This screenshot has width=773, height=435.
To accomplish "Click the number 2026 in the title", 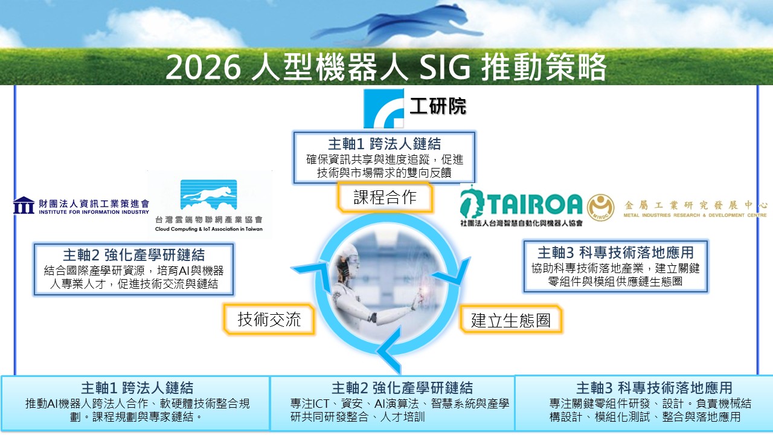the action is (203, 67).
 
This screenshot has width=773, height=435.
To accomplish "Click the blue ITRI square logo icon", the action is (383, 108).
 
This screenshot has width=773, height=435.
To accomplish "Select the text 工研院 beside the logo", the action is (438, 106).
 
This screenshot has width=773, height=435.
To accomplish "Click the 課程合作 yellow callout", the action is (385, 197).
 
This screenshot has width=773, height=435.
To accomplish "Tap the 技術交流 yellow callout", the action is (269, 319).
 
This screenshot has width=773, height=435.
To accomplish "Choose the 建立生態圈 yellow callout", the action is (510, 320).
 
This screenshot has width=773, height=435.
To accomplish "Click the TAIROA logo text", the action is (534, 204).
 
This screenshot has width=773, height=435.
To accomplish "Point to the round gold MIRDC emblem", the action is (600, 207).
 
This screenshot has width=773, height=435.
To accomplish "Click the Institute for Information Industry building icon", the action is (24, 205).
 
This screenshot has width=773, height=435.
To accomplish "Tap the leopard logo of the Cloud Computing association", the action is (209, 195).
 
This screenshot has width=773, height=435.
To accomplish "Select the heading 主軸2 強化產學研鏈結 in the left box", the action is (134, 255).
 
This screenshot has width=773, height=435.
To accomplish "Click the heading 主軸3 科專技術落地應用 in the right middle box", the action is (615, 253).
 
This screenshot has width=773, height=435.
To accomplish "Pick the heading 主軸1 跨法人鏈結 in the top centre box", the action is (385, 144).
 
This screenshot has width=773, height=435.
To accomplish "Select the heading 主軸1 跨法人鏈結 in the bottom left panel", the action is (137, 388).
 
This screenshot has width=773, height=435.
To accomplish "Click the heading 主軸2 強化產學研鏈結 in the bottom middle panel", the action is (402, 388).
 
